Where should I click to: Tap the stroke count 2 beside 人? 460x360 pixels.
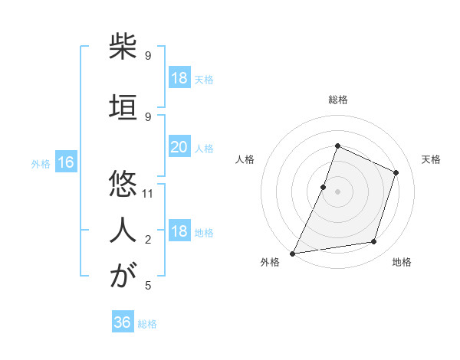click(148, 240)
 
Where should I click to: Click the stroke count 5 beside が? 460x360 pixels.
click(148, 286)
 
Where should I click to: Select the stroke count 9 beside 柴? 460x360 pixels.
click(148, 56)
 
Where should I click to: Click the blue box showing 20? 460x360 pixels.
click(179, 147)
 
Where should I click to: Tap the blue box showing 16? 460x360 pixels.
click(66, 162)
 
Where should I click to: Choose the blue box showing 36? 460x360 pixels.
click(123, 322)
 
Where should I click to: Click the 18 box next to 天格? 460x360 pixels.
click(179, 78)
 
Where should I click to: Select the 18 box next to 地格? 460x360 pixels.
click(179, 231)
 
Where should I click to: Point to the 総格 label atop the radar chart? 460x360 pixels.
click(337, 100)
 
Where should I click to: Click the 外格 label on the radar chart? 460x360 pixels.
click(270, 263)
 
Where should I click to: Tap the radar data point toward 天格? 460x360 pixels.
click(396, 172)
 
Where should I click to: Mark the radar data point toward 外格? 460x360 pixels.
click(292, 253)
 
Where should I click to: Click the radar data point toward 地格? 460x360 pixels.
click(374, 242)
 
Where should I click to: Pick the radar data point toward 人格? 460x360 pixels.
click(324, 187)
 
